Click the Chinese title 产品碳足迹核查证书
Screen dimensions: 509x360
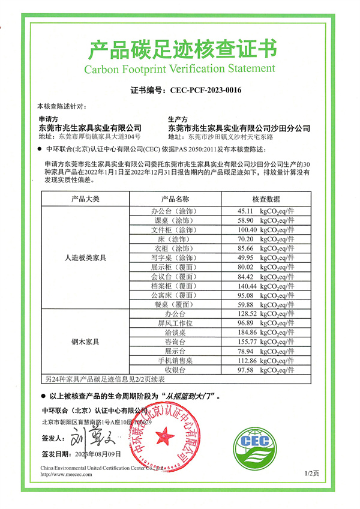tap(180, 47)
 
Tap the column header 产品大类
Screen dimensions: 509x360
tap(85, 199)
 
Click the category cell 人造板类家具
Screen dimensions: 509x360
tap(85, 258)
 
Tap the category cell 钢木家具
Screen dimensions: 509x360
tap(85, 342)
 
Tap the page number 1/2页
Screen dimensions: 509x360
tap(312, 474)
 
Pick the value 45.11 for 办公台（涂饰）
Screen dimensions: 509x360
tap(247, 211)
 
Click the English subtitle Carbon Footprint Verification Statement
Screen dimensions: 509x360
tap(180, 68)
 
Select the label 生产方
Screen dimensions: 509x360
tap(178, 119)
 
